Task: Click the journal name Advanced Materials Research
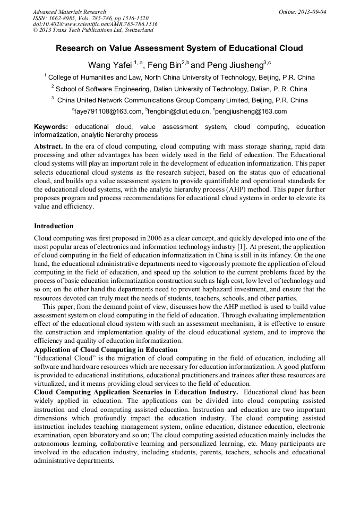pyautogui.click(x=69, y=12)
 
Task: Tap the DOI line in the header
pyautogui.click(x=95, y=24)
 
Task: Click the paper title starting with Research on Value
pyautogui.click(x=179, y=48)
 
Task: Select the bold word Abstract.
pyautogui.click(x=49, y=146)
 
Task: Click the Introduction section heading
pyautogui.click(x=54, y=226)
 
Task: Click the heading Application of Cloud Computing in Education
pyautogui.click(x=106, y=349)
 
